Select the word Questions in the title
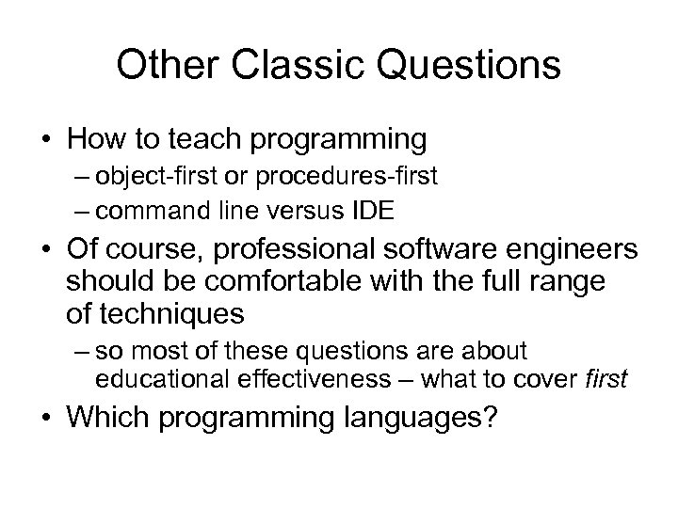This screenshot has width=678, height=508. pyautogui.click(x=461, y=65)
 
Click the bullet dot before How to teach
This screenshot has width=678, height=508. pyautogui.click(x=44, y=140)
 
